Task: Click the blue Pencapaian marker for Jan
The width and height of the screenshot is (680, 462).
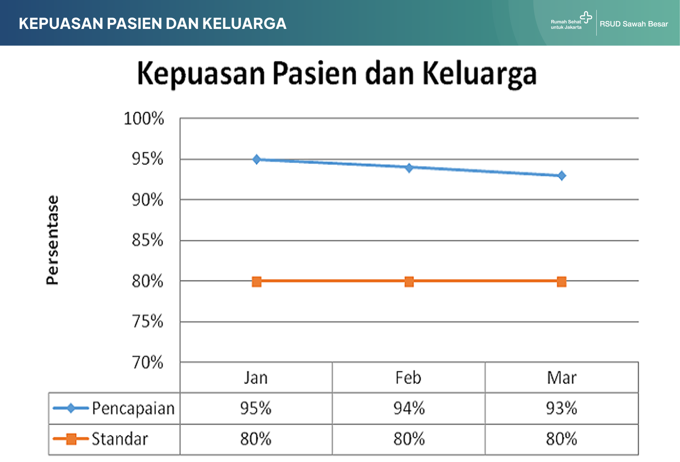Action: pos(257,160)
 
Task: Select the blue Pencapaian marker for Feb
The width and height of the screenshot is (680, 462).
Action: pos(409,168)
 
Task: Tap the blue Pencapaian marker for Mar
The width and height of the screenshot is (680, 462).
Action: pos(561,175)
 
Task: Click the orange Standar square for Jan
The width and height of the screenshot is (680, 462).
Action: pos(257,282)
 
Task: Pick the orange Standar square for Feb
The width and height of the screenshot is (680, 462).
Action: pos(409,282)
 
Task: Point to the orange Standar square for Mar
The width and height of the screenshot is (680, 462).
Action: pos(561,282)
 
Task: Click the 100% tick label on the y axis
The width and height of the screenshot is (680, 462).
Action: pos(144,118)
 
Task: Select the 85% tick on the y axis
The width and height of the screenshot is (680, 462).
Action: pos(147,240)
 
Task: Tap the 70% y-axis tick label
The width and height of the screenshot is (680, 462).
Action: pos(147,362)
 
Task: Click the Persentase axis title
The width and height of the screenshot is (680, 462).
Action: pos(53,240)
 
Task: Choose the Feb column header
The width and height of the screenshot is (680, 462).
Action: pos(408,377)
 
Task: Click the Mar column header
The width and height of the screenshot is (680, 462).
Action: pos(561,377)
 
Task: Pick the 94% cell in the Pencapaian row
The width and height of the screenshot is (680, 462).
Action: pos(409,408)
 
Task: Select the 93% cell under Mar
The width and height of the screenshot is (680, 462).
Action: pos(561,408)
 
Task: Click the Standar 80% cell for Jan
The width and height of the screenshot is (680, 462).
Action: pos(256,439)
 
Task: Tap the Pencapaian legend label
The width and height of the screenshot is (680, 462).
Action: pos(133,409)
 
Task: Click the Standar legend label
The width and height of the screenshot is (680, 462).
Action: pos(120,439)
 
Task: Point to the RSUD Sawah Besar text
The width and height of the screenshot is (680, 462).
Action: pos(634,24)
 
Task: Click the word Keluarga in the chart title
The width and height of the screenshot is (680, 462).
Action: pos(480,74)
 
